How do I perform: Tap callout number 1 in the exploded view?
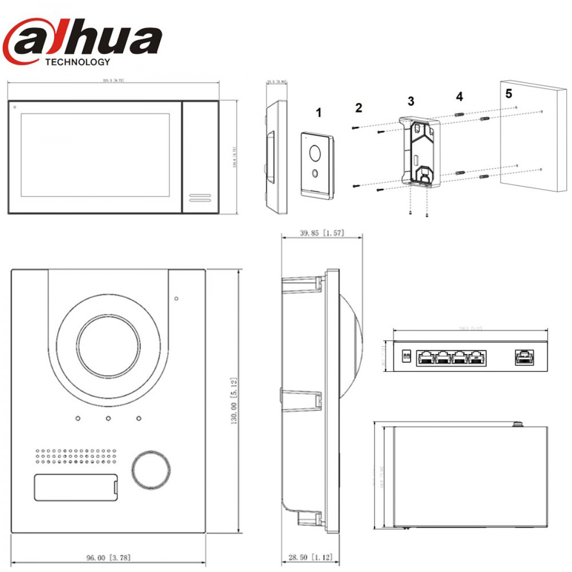tap(318, 113)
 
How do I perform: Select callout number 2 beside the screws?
tap(358, 108)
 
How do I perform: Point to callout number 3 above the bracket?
tap(411, 101)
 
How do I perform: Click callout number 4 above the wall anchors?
tap(459, 97)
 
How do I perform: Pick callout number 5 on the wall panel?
tap(509, 93)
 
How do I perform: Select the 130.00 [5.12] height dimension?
tap(234, 400)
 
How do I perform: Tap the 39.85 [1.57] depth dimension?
tap(322, 233)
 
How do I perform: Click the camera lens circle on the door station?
tap(109, 346)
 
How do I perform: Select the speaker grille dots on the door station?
tap(75, 456)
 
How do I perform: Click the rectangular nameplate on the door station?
tap(76, 487)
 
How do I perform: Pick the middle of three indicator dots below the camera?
tap(109, 419)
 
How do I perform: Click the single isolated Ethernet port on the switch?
tap(524, 357)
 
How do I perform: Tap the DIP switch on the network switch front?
tap(407, 356)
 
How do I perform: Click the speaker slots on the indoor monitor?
tap(200, 197)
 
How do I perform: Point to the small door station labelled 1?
tap(317, 164)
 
